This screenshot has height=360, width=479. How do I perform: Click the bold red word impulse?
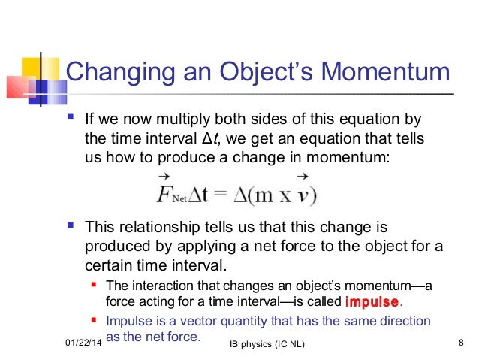click(372, 303)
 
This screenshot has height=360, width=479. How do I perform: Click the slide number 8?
click(460, 343)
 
